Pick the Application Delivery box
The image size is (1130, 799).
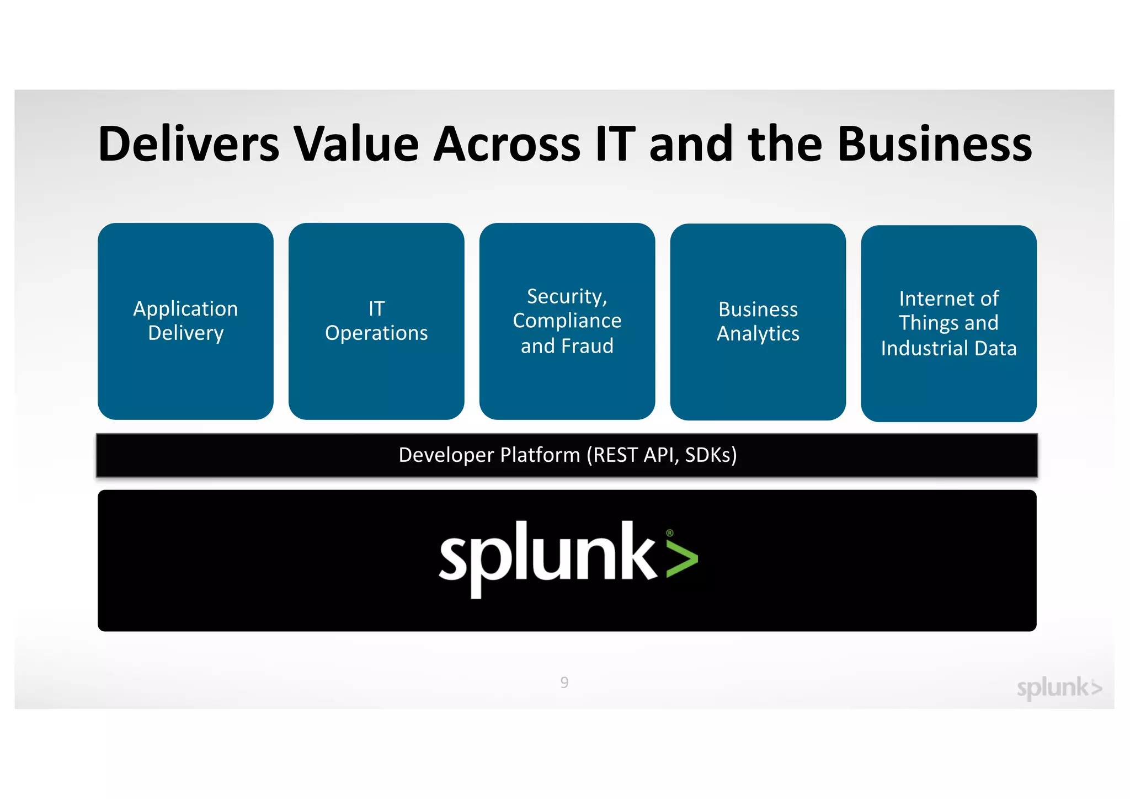(185, 321)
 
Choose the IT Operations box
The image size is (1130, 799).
(376, 321)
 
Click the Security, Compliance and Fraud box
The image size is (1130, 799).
(567, 321)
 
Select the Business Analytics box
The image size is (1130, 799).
(758, 322)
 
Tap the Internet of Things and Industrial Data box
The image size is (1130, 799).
(948, 323)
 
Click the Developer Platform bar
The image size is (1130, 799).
(567, 455)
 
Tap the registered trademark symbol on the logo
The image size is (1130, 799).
(670, 533)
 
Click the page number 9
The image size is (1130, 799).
(564, 683)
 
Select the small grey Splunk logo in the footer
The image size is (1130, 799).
(1059, 688)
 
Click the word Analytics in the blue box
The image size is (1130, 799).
(758, 334)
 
